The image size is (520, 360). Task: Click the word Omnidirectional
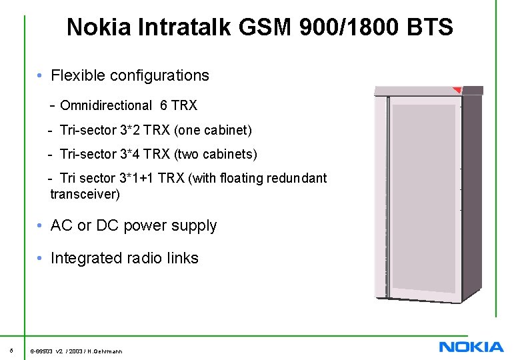(106, 105)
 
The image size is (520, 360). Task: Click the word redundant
(297, 179)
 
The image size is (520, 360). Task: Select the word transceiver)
(85, 195)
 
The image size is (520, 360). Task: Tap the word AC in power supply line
(61, 225)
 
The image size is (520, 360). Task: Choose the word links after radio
(181, 258)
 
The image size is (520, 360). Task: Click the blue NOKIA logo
(471, 347)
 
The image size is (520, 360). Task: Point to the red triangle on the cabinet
(457, 90)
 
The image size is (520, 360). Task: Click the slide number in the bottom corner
(12, 350)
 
